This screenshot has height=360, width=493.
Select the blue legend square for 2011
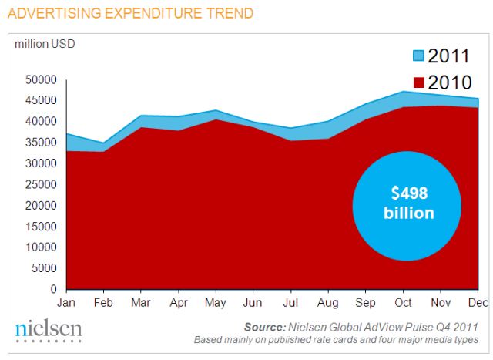click(418, 56)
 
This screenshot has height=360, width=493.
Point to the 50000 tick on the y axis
click(42, 79)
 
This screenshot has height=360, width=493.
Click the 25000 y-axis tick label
click(42, 184)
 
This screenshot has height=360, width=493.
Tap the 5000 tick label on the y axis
click(45, 268)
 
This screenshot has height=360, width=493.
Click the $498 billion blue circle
click(407, 203)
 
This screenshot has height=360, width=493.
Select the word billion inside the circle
click(409, 213)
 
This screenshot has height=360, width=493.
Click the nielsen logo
click(48, 329)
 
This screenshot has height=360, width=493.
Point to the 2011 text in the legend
click(450, 56)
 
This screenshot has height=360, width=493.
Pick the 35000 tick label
click(42, 142)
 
